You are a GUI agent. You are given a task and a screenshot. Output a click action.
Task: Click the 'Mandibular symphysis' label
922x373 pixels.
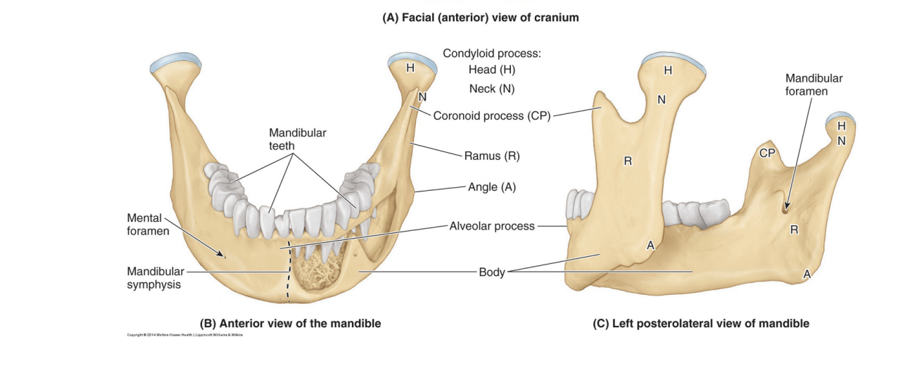pos(156,278)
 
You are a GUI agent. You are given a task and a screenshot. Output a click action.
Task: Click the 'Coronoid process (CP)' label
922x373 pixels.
pos(490,116)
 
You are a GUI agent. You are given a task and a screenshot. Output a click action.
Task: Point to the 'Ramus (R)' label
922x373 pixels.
pos(492,155)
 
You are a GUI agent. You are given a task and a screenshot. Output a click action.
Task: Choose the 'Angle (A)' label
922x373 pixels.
pos(492,187)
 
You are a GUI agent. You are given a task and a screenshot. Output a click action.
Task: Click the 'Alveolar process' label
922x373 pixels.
pos(492,226)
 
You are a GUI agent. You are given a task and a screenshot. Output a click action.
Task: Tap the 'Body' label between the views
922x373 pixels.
pos(492,272)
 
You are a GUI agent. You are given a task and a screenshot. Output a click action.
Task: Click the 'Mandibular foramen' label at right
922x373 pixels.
pos(814,84)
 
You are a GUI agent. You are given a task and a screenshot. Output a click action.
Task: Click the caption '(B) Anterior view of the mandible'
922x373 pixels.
pos(291,324)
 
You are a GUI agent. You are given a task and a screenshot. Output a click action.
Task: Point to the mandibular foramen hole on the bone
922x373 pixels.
pos(785,207)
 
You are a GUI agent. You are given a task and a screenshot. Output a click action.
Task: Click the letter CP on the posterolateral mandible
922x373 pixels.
pos(767,151)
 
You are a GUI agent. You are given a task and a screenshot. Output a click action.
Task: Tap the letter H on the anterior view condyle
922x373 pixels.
pos(410,68)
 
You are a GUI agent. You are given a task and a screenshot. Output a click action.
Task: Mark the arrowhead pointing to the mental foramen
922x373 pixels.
pos(225,257)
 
